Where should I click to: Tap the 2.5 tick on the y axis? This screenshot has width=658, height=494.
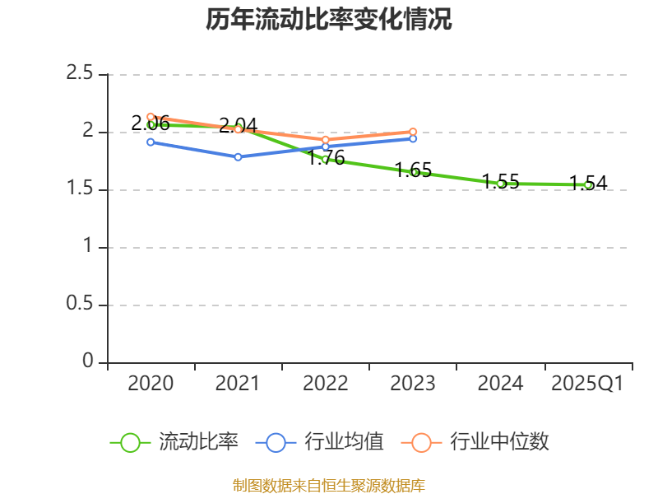pyautogui.click(x=80, y=74)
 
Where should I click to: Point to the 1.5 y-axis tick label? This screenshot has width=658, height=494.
pyautogui.click(x=80, y=189)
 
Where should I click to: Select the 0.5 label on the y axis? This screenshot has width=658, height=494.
pyautogui.click(x=80, y=305)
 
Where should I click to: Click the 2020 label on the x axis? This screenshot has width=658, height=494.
pyautogui.click(x=151, y=384)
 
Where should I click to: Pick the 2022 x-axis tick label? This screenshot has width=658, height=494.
pyautogui.click(x=326, y=384)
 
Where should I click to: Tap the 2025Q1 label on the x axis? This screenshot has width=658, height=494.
pyautogui.click(x=587, y=384)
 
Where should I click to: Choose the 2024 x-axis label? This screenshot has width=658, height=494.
pyautogui.click(x=500, y=384)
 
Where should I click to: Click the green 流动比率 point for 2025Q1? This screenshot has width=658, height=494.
pyautogui.click(x=588, y=185)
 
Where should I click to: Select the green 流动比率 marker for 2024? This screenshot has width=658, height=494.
pyautogui.click(x=501, y=184)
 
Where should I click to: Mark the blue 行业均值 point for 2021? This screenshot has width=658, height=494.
pyautogui.click(x=239, y=156)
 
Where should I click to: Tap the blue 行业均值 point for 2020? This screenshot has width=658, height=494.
pyautogui.click(x=151, y=142)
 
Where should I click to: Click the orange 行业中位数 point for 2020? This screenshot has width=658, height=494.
pyautogui.click(x=151, y=117)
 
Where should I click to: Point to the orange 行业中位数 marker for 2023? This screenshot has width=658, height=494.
pyautogui.click(x=413, y=132)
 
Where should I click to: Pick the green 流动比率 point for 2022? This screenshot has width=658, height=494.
pyautogui.click(x=326, y=159)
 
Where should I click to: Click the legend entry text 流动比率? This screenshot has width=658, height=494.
pyautogui.click(x=198, y=442)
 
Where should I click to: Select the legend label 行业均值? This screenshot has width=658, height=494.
pyautogui.click(x=344, y=442)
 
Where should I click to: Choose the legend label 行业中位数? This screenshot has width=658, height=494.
pyautogui.click(x=499, y=442)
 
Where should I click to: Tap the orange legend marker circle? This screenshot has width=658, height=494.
pyautogui.click(x=421, y=442)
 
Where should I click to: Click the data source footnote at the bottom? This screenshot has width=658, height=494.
pyautogui.click(x=329, y=485)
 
